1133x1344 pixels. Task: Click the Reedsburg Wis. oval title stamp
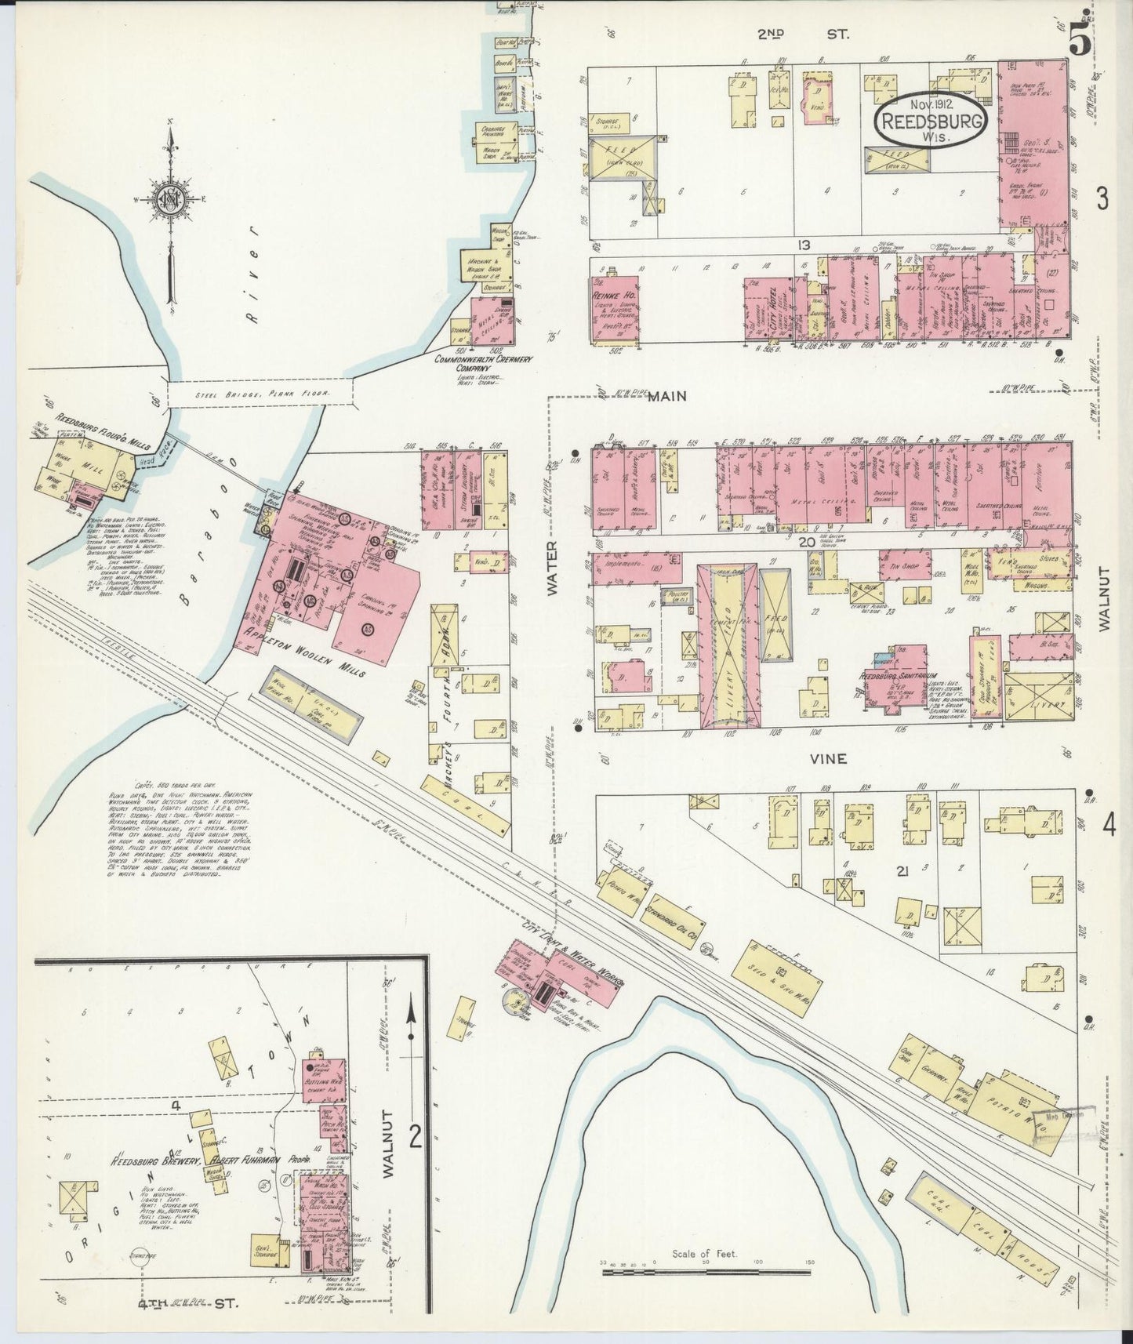click(927, 119)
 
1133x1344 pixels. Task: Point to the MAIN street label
click(667, 397)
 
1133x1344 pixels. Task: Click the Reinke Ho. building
click(616, 307)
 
